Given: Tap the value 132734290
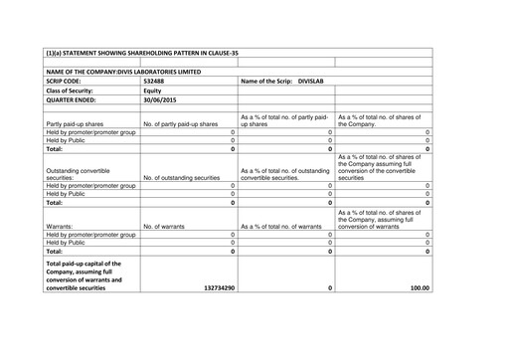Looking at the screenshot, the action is (x=213, y=287).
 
